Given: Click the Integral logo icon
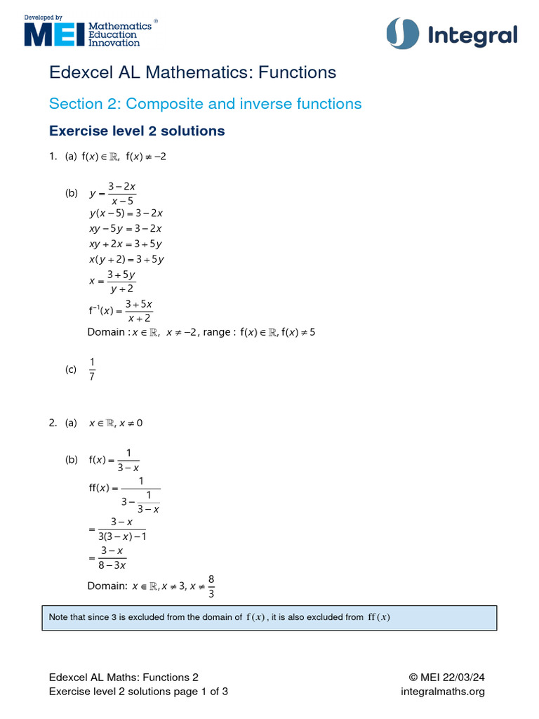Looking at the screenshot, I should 402,34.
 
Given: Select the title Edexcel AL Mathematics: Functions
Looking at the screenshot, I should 192,72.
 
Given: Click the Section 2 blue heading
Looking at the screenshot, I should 205,104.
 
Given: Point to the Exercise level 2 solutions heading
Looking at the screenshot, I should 137,131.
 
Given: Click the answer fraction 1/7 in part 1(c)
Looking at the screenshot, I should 91,369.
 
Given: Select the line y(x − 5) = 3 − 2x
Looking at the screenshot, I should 126,213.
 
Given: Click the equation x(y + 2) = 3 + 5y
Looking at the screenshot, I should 126,259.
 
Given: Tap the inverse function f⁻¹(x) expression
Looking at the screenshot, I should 120,310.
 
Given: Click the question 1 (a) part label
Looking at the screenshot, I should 71,157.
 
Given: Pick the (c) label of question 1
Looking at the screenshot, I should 71,369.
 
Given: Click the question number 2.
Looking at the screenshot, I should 53,423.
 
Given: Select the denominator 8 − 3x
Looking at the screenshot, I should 113,564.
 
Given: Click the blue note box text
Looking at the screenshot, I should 219,617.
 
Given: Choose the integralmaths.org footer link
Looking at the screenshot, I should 442,692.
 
